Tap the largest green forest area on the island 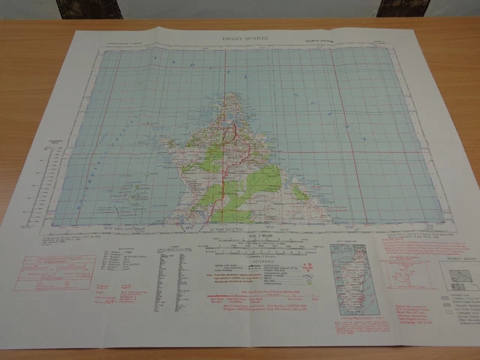262,184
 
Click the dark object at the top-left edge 88,8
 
